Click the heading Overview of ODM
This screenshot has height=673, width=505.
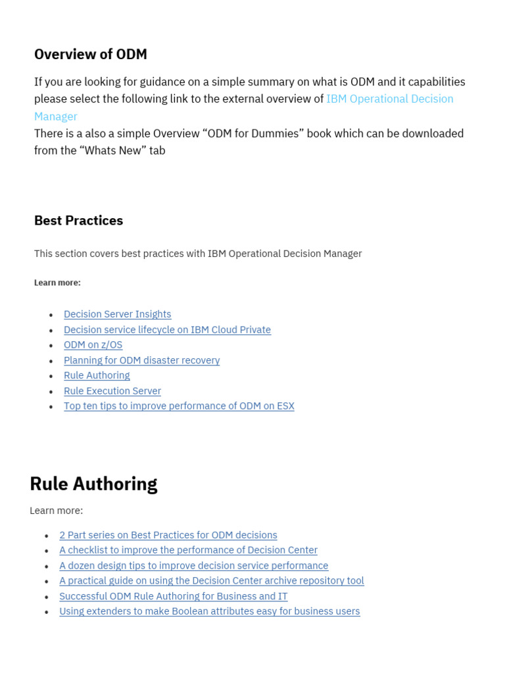tap(91, 55)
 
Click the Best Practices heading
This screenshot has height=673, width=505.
tap(78, 221)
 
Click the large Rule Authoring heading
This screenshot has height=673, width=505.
tap(93, 484)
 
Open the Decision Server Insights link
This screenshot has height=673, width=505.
tap(117, 314)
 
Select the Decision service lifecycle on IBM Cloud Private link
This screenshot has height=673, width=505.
tap(167, 329)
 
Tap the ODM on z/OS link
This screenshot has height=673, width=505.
tap(93, 345)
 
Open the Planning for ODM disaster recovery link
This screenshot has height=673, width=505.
tap(141, 360)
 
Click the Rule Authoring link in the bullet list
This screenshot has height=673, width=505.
tap(97, 375)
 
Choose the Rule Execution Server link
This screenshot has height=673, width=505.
tap(112, 391)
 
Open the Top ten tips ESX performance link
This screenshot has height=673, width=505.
tap(179, 406)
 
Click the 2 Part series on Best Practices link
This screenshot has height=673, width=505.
tap(168, 535)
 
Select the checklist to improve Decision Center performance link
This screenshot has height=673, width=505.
tap(188, 550)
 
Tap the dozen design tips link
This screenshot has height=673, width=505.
tap(193, 565)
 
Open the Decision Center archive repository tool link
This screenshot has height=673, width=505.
tap(211, 581)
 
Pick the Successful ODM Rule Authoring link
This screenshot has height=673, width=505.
tap(173, 596)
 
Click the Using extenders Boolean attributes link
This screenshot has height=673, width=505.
tap(209, 611)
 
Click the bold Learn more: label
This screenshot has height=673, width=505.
tap(57, 283)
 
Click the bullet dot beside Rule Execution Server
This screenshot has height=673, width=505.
tap(51, 392)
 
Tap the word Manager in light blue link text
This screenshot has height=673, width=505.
tap(56, 116)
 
